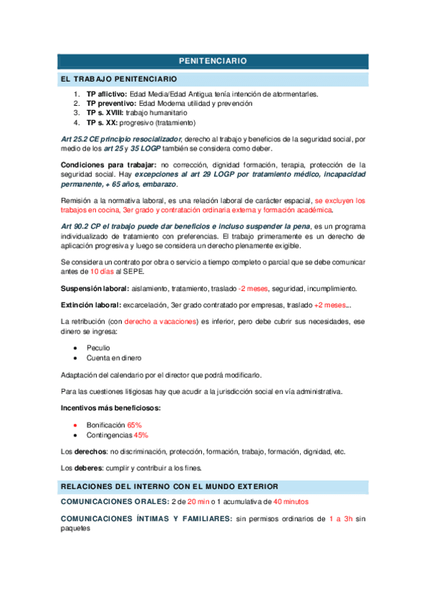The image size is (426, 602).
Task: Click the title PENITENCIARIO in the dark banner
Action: coord(213,62)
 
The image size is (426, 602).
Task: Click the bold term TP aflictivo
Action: coord(107,94)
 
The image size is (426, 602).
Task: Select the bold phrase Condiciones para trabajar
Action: coord(105,165)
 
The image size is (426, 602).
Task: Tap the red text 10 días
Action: coord(101,271)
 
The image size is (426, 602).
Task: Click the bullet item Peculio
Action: coord(98,349)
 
